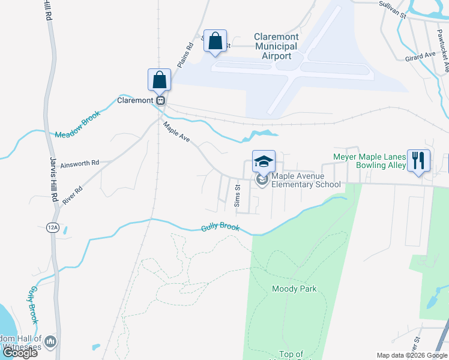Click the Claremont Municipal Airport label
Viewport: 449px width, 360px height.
276,46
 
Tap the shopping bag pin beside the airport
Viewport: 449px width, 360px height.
215,42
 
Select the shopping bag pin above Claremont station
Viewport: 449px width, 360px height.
160,80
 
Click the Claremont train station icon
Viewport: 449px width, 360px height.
160,100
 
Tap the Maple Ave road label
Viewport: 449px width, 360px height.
176,132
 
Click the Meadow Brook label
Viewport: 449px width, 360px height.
77,126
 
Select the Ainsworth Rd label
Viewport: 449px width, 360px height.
79,162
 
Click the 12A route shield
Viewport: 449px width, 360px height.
52,227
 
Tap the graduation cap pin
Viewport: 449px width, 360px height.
264,161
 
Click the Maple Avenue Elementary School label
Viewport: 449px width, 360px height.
306,180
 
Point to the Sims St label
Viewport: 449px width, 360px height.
237,196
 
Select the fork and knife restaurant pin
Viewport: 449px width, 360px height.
418,160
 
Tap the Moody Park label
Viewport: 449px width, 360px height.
294,289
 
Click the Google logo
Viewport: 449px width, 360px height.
20,353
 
